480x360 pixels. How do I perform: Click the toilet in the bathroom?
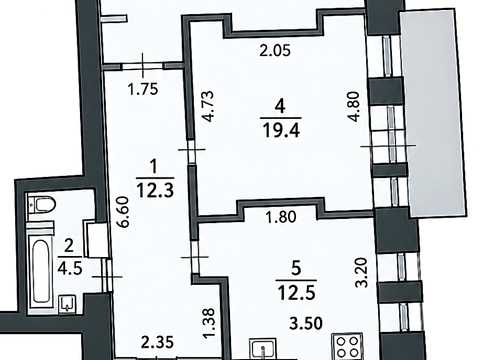(42, 205)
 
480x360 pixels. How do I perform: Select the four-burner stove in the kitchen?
(347, 347)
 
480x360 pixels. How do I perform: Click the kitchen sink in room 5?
(263, 349)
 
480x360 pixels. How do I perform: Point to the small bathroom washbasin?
(68, 304)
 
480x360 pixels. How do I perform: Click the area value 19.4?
(281, 130)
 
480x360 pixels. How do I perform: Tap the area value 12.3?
(155, 190)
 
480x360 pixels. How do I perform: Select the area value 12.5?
(296, 293)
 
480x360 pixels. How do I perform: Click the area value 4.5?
(70, 268)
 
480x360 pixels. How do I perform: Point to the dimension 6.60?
(124, 212)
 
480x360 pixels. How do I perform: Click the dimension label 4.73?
(209, 106)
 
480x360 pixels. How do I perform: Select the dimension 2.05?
(275, 51)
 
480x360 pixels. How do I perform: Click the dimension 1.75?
(143, 89)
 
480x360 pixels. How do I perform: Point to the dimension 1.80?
(281, 217)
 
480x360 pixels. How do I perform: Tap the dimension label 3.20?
(361, 272)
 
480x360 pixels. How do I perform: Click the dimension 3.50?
(306, 323)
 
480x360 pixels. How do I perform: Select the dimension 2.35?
(157, 342)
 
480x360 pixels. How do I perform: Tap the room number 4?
(280, 107)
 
